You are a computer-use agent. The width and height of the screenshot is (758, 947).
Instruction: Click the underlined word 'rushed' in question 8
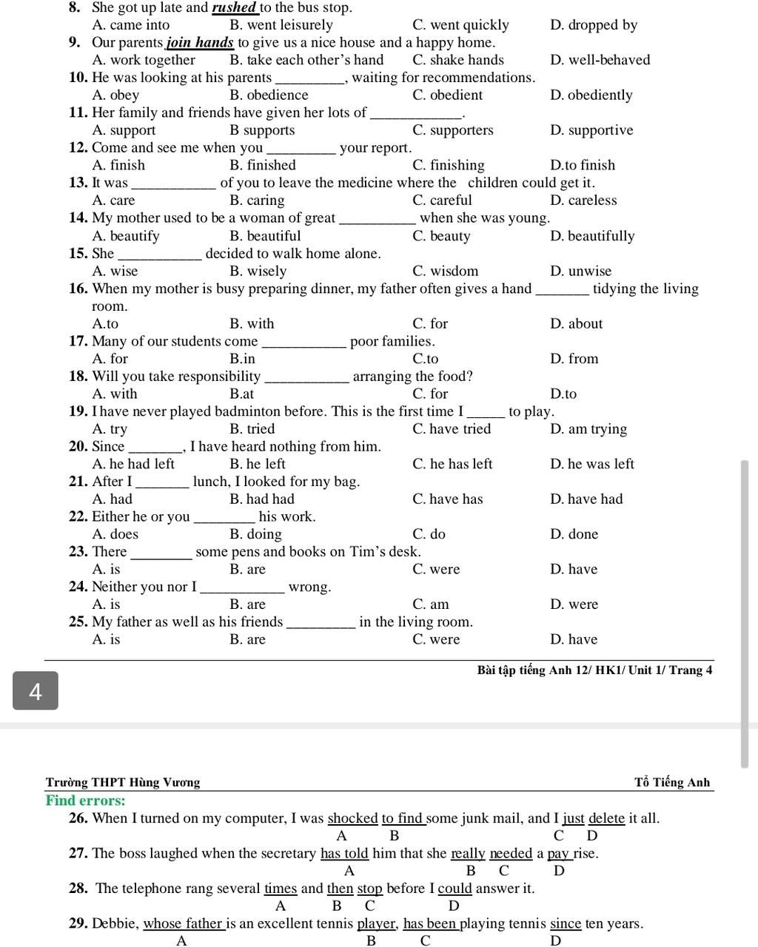point(235,7)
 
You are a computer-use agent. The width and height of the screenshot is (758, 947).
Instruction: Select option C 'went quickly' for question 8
point(460,25)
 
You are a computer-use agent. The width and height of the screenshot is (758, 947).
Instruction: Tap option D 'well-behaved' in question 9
point(600,60)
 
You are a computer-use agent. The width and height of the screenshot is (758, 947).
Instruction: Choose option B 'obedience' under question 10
point(269,95)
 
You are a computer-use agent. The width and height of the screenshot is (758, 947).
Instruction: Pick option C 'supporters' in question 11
point(452,130)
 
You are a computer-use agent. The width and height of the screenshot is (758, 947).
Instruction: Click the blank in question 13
point(173,183)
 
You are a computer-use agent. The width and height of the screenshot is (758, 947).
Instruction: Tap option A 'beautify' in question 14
point(126,236)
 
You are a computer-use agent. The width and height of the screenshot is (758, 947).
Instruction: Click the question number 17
point(78,341)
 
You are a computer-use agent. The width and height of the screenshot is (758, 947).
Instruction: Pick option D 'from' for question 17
point(574,359)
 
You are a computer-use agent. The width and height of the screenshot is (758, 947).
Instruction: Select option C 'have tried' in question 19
point(452,429)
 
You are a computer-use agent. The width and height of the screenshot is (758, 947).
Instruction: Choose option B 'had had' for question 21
point(262,499)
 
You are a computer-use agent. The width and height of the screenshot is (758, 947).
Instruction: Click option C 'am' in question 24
point(431,604)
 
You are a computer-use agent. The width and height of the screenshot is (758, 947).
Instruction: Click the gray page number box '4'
point(35,691)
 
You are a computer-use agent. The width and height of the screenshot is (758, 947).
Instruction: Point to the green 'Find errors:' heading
point(85,801)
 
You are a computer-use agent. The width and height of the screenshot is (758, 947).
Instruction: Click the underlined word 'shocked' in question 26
point(352,818)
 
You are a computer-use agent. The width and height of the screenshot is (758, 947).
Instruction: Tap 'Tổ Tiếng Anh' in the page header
point(671,782)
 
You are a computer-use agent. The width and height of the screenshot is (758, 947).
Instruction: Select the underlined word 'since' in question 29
point(566,923)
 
